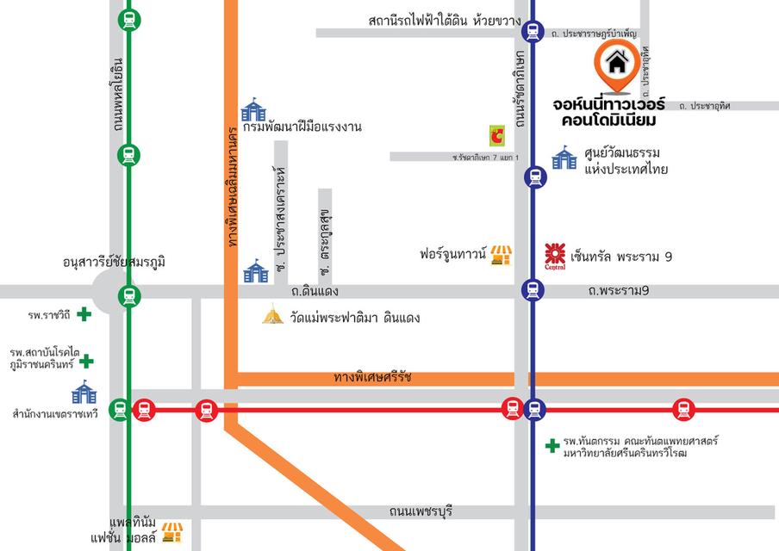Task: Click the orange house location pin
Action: pos(616,65)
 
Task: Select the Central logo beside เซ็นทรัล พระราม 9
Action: pos(556,255)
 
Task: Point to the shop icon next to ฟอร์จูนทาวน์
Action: pos(501,255)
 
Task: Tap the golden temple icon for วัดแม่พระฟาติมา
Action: pos(273,315)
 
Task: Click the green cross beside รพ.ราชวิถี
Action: pos(84,314)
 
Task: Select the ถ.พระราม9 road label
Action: pos(618,291)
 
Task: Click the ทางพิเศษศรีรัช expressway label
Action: pos(373,377)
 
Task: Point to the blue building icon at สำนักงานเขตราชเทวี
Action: pos(84,392)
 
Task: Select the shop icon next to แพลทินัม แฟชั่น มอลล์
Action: pos(172,531)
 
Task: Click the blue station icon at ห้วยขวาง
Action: pos(533,33)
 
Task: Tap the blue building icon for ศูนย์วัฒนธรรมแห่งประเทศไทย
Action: pos(564,157)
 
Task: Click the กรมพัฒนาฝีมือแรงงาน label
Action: pos(302,127)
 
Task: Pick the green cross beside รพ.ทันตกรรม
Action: pos(552,445)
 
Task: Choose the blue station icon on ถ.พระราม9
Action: pos(533,291)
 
